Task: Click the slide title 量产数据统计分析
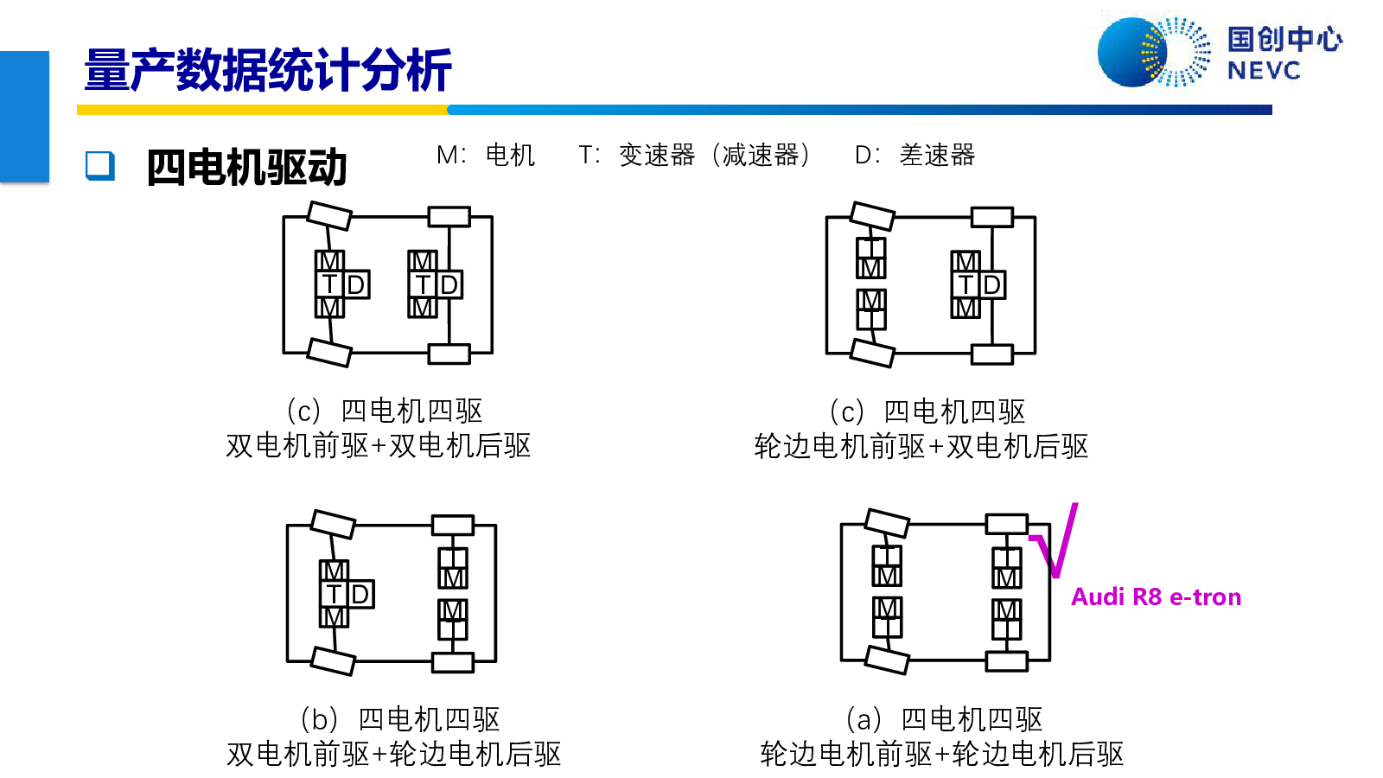point(268,70)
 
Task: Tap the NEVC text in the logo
point(1264,71)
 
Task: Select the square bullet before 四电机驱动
point(100,166)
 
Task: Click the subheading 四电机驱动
point(246,167)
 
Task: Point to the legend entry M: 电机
point(485,155)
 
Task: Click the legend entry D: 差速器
point(915,155)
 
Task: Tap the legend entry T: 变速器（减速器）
point(695,155)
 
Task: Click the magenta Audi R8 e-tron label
point(1156,597)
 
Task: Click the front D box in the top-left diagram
point(356,285)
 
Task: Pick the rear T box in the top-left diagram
point(423,285)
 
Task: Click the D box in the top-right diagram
point(991,285)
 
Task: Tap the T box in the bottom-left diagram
point(334,594)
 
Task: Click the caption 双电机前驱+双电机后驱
point(379,446)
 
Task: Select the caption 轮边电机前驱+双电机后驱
point(921,446)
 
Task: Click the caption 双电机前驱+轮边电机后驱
point(394,754)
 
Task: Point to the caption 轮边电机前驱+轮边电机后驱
point(941,754)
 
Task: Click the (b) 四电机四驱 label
point(399,719)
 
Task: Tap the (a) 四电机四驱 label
point(944,719)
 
